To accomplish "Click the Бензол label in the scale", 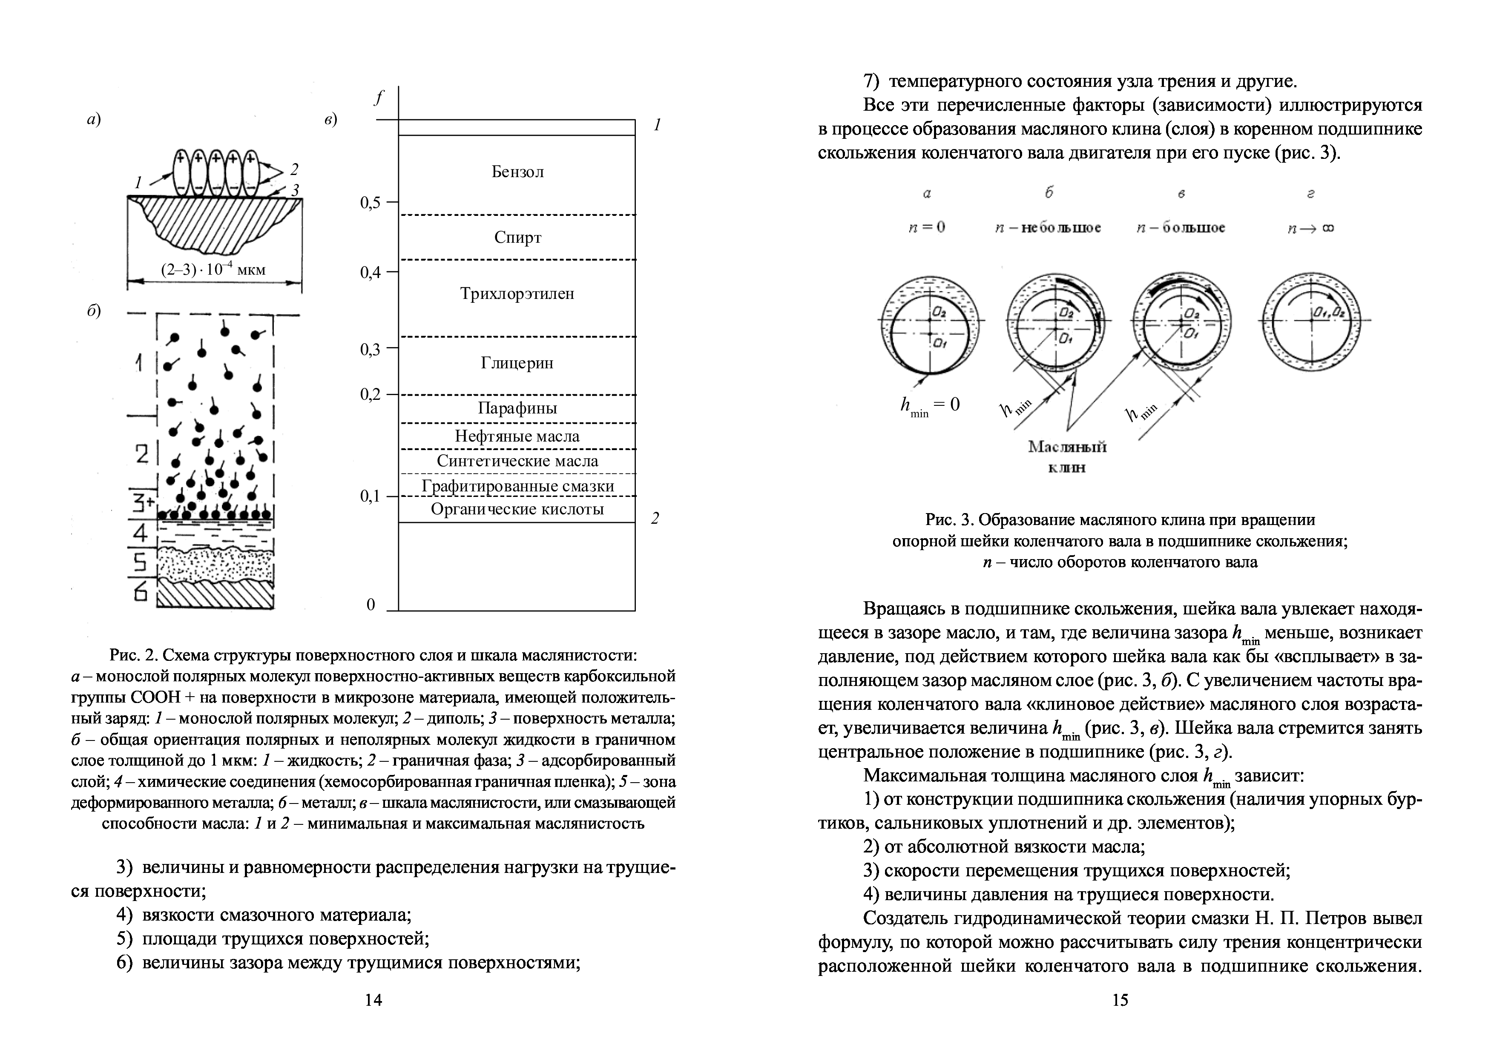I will click(x=517, y=172).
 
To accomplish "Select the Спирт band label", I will click(x=517, y=238).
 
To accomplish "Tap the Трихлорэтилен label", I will click(x=517, y=293).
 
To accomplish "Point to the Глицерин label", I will click(x=517, y=362).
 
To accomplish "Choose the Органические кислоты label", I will click(x=517, y=509).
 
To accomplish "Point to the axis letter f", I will click(x=379, y=98).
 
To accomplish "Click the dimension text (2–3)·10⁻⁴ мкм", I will click(x=213, y=270).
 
